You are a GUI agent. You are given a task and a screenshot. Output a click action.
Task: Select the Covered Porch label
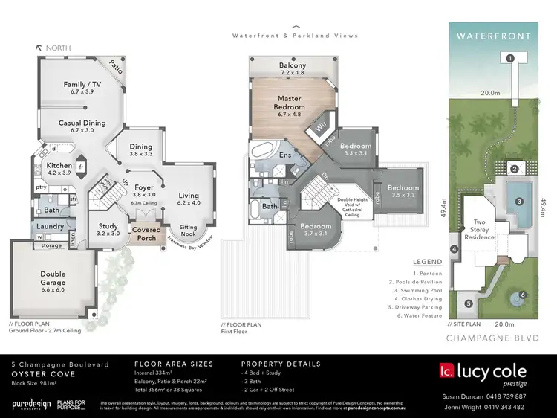pyautogui.click(x=146, y=234)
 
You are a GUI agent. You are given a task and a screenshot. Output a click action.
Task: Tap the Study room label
pyautogui.click(x=108, y=229)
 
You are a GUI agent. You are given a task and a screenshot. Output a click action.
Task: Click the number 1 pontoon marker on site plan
pyautogui.click(x=509, y=58)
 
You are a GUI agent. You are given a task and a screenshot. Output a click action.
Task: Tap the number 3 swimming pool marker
pyautogui.click(x=520, y=201)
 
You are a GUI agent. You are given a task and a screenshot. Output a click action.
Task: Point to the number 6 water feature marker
pyautogui.click(x=523, y=295)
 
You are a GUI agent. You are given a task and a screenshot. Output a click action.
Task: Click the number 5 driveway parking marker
pyautogui.click(x=468, y=303)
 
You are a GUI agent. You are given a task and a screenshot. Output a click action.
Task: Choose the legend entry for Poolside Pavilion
pyautogui.click(x=415, y=282)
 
